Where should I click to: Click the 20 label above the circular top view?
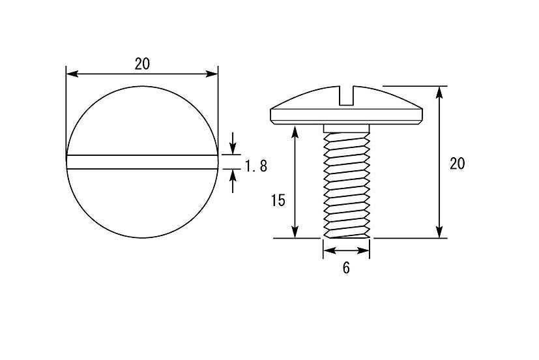click(142, 64)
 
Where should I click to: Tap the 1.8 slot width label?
click(255, 166)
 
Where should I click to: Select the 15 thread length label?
click(278, 200)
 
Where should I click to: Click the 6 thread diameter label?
click(346, 268)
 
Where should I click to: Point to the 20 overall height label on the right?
click(457, 164)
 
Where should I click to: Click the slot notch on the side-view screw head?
click(347, 96)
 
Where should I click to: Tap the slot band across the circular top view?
click(142, 162)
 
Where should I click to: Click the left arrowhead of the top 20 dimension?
click(72, 74)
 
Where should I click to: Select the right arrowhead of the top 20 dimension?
click(212, 74)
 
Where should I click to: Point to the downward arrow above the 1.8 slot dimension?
click(233, 143)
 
